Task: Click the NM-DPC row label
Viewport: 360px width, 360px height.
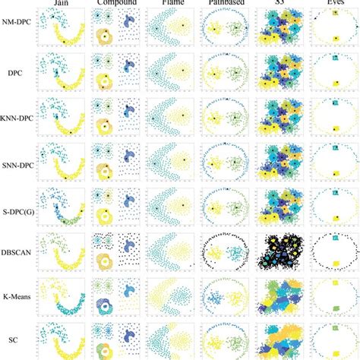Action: [17, 30]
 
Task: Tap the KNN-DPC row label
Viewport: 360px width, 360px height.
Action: [17, 119]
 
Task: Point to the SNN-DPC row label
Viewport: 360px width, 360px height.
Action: [17, 163]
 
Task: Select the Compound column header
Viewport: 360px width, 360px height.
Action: [116, 4]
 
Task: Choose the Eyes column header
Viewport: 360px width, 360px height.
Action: [333, 4]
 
